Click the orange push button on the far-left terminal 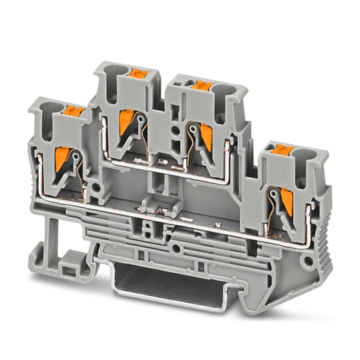72,111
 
